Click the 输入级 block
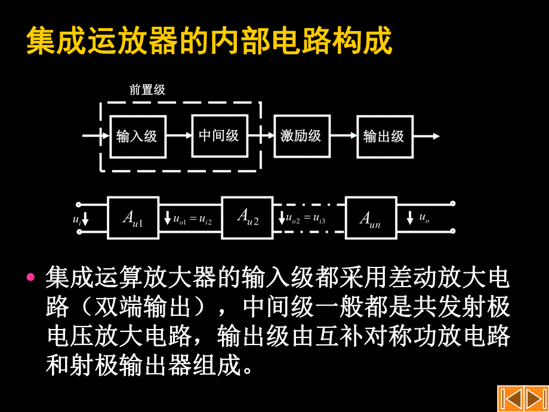pyautogui.click(x=137, y=136)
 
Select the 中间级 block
pyautogui.click(x=219, y=136)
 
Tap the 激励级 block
pyautogui.click(x=301, y=136)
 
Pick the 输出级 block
pyautogui.click(x=384, y=136)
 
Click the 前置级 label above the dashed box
pyautogui.click(x=147, y=90)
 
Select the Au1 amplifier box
pyautogui.click(x=133, y=217)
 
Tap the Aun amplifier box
pyautogui.click(x=369, y=219)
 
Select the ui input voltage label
pyautogui.click(x=77, y=220)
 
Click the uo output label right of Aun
pyautogui.click(x=424, y=219)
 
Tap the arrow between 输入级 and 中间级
pyautogui.click(x=179, y=136)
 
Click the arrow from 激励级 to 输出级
pyautogui.click(x=344, y=136)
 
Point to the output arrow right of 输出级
pyautogui.click(x=427, y=136)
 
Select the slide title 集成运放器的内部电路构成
pyautogui.click(x=209, y=41)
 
